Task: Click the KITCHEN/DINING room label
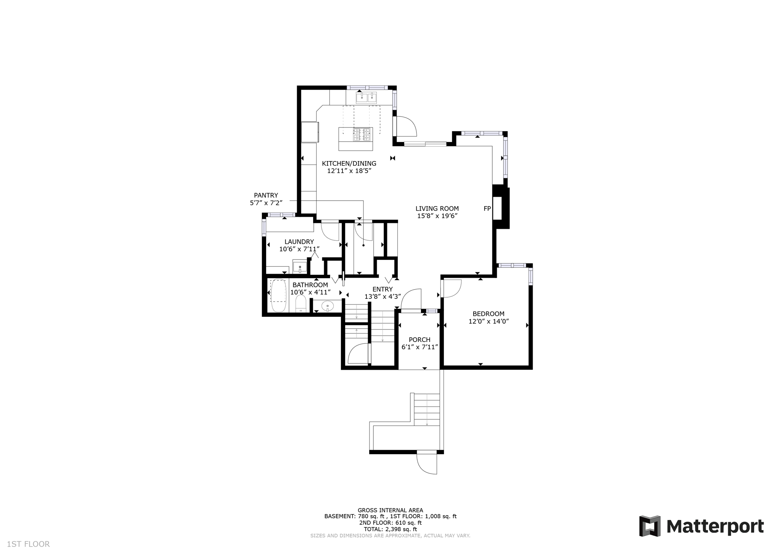(x=349, y=163)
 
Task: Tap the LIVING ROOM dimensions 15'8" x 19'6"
(x=437, y=216)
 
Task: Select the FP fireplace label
(x=487, y=209)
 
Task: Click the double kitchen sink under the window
(x=366, y=98)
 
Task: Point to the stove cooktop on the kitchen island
(x=362, y=134)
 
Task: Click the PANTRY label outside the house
(x=266, y=195)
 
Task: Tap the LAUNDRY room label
(x=299, y=242)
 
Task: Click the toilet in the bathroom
(x=301, y=304)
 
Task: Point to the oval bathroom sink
(x=328, y=306)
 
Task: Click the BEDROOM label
(x=488, y=314)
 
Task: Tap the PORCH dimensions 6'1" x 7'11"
(x=419, y=347)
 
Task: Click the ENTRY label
(x=382, y=289)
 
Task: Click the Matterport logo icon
(x=650, y=526)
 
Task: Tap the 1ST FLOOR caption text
(x=28, y=544)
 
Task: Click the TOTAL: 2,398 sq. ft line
(x=390, y=529)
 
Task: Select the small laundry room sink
(x=300, y=266)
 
